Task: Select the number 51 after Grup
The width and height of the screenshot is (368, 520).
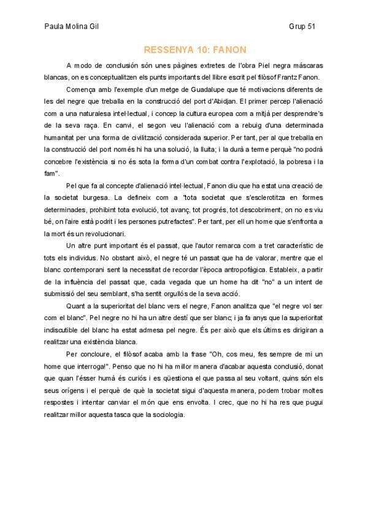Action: tap(310, 27)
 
